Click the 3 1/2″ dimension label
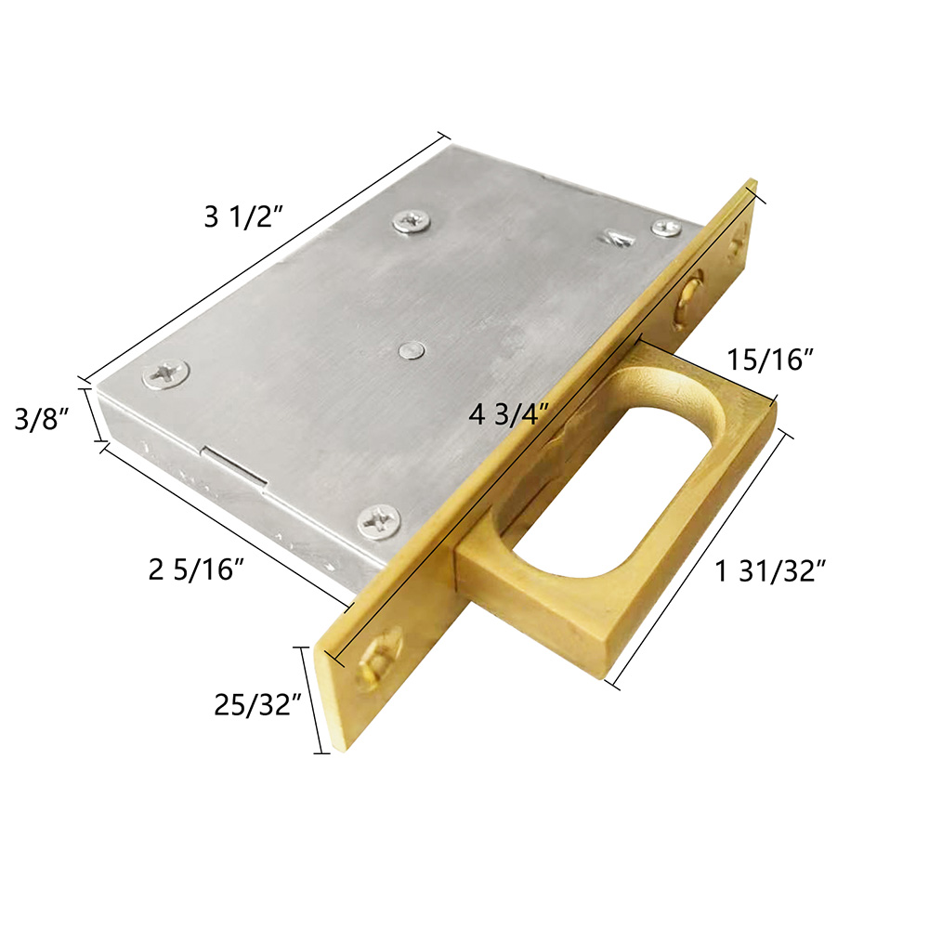[242, 217]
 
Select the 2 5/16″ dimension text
[196, 569]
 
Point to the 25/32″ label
[255, 704]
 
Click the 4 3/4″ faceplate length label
[510, 414]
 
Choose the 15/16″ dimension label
[770, 360]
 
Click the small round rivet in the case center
[412, 350]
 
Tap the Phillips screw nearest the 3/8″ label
[166, 373]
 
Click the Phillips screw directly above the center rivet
[412, 220]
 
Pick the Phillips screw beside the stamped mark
[665, 228]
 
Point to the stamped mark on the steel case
[618, 238]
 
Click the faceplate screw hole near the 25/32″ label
[377, 657]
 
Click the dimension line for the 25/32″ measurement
[313, 699]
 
